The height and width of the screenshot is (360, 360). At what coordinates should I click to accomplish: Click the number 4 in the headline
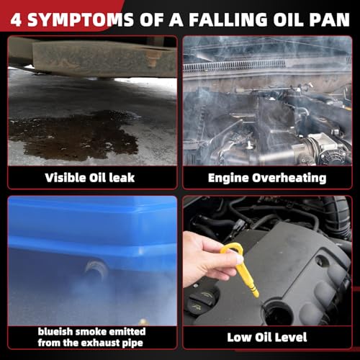pos(16,19)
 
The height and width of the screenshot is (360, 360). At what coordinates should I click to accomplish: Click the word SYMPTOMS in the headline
pos(81,19)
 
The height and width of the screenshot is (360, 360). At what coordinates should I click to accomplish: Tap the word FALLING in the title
pos(228,19)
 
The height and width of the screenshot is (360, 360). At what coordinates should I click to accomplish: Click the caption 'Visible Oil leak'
pos(90,178)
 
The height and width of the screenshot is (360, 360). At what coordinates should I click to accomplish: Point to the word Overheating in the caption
pos(289,179)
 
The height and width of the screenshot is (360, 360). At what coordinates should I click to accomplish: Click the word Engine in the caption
pos(228,179)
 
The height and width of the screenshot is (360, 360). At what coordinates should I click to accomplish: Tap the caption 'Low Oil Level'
pos(267,337)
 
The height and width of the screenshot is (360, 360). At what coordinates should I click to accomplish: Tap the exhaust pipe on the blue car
pos(96,269)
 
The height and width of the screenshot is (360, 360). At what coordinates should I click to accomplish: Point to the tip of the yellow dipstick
pos(257,295)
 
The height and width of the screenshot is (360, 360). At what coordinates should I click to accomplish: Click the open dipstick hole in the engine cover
pos(279,312)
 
